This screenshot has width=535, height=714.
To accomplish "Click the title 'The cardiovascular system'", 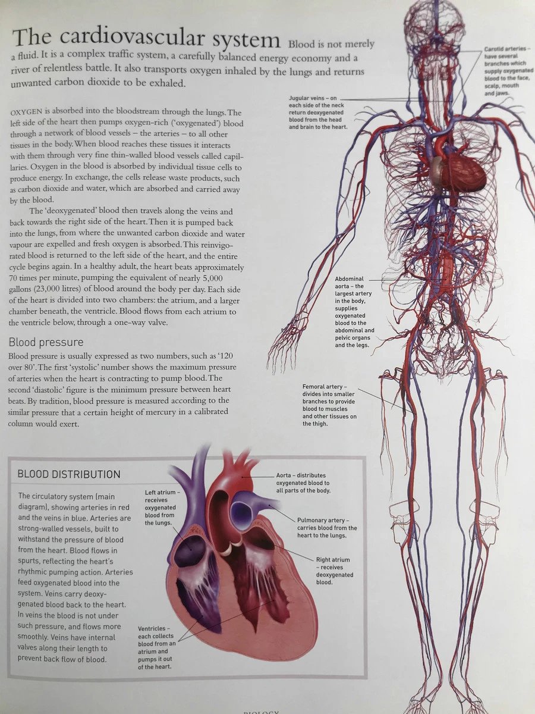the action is click(x=146, y=39).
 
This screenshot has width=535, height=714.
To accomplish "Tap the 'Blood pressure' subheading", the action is click(x=46, y=343).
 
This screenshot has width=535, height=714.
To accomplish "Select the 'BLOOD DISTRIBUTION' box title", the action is click(x=69, y=474).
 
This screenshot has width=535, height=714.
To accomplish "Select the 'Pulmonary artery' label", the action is click(x=327, y=527).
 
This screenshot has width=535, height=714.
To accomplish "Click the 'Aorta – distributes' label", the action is click(x=303, y=483).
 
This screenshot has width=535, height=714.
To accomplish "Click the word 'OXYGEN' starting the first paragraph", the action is click(x=27, y=113).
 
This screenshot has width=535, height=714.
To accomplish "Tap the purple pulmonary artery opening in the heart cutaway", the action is click(x=243, y=511).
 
